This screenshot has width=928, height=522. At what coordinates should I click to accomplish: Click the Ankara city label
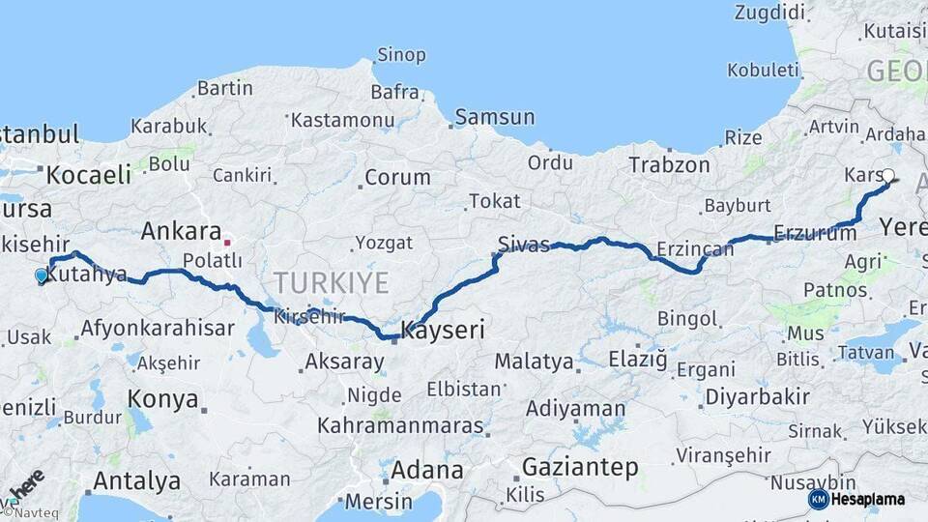(x=181, y=231)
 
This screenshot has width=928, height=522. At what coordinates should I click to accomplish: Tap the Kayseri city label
(x=442, y=330)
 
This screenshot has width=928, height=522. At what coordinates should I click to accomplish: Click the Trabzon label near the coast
(x=669, y=164)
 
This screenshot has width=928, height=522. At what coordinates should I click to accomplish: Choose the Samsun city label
(x=494, y=117)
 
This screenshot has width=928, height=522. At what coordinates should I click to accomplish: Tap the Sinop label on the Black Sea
(x=400, y=54)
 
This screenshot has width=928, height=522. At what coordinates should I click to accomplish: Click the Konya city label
(x=162, y=399)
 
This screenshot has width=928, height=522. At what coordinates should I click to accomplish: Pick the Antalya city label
(x=136, y=480)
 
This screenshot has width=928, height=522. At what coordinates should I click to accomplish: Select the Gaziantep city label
(x=580, y=468)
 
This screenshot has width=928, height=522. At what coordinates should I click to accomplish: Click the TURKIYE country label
(x=331, y=283)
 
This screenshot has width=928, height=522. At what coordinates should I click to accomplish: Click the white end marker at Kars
(x=887, y=176)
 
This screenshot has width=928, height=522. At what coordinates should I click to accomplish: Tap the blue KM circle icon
(x=819, y=499)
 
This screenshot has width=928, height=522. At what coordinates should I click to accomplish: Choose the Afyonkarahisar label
(x=157, y=328)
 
